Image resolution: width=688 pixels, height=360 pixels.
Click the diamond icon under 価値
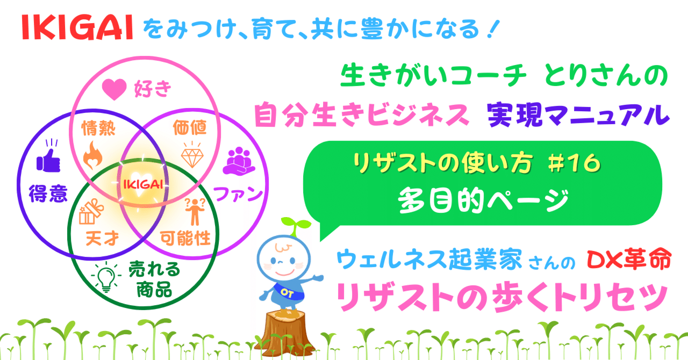(x=191, y=155)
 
